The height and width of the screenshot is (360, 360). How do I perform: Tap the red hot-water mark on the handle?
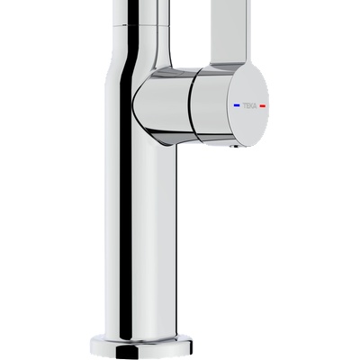[262, 105]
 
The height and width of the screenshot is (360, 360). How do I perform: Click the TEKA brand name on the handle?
[249, 105]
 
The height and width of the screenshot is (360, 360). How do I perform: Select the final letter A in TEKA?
[255, 105]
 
